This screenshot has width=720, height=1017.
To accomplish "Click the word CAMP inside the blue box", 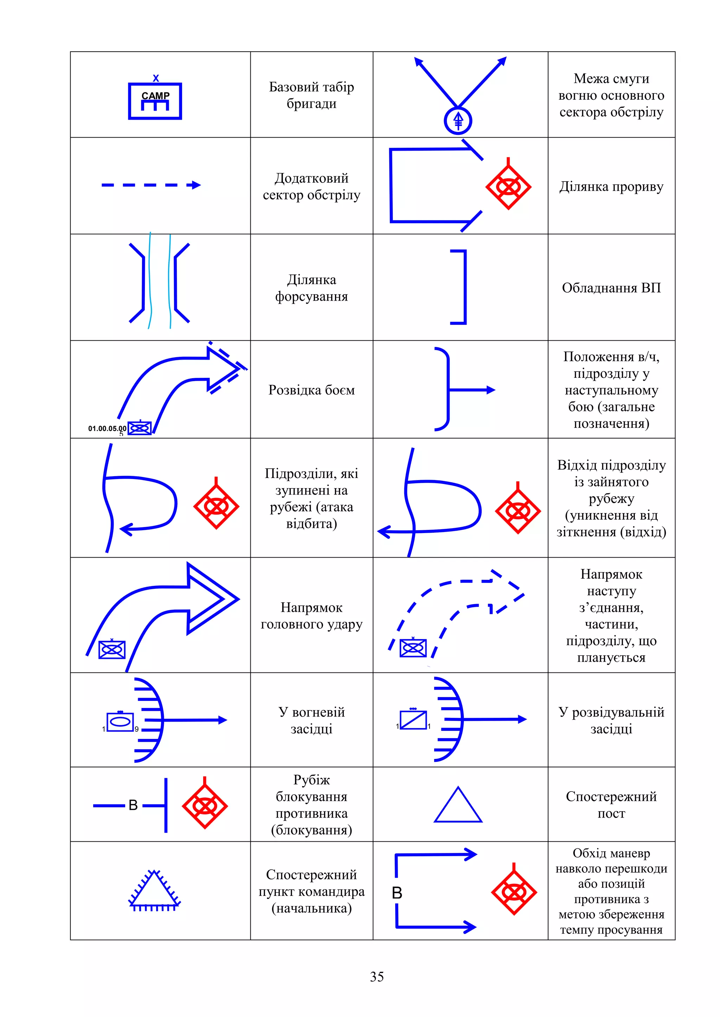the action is tap(155, 96).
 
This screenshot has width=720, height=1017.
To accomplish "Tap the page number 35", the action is tap(377, 977).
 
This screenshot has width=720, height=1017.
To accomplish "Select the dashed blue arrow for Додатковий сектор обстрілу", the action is tap(151, 185).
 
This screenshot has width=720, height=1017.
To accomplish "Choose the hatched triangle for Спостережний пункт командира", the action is tap(154, 890).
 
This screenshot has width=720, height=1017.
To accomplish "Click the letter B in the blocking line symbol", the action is tap(133, 805).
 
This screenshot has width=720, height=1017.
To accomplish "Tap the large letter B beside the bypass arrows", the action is tap(397, 893).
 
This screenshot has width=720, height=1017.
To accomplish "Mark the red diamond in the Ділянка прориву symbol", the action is tap(508, 187).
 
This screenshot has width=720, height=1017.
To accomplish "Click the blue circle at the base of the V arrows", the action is tap(458, 120).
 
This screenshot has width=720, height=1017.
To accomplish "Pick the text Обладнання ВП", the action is tap(611, 288).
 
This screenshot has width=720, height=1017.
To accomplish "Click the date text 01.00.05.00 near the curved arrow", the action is tap(107, 428).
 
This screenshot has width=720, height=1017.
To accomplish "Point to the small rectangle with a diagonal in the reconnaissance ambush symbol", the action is tap(413, 720).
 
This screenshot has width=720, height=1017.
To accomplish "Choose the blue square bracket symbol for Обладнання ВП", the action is tap(461, 287).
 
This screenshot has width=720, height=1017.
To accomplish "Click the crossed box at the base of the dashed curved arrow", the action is tap(413, 648).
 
